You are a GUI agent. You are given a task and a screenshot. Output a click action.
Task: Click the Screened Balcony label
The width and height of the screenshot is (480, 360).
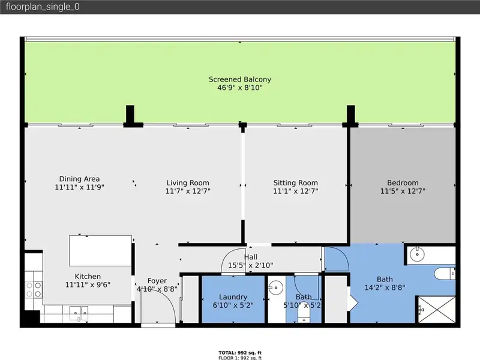tap(240, 79)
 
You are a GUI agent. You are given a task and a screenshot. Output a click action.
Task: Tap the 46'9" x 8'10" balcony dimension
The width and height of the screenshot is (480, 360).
tap(240, 88)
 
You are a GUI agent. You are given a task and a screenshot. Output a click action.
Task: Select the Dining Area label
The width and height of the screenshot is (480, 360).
tap(79, 179)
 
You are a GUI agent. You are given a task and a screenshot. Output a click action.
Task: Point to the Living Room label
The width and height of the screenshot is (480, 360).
tap(188, 183)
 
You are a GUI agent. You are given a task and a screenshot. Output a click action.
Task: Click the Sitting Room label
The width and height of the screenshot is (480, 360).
tap(296, 183)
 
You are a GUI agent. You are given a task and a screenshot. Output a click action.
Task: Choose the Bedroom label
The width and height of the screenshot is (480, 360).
tap(403, 183)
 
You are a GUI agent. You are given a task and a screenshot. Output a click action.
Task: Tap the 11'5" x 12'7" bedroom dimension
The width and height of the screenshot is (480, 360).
tap(403, 191)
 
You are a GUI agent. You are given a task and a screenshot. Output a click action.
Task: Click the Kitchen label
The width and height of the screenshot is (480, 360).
tap(88, 277)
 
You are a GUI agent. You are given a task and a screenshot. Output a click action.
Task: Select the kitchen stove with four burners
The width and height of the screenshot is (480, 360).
tap(34, 290)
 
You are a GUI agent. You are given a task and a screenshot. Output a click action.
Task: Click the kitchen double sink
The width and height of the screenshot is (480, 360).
tap(79, 313)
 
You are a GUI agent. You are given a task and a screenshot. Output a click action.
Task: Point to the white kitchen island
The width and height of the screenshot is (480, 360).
tap(100, 251)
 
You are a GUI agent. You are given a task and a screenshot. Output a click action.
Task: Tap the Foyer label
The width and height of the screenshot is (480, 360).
tap(157, 281)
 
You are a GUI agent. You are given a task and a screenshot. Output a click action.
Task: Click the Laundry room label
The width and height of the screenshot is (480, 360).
tap(233, 297)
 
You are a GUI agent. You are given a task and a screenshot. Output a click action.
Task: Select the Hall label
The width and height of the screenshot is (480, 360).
tap(251, 257)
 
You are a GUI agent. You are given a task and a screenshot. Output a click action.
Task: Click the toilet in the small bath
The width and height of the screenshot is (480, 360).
tap(304, 313)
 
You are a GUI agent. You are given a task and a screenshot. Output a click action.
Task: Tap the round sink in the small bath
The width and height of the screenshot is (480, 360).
tap(275, 288)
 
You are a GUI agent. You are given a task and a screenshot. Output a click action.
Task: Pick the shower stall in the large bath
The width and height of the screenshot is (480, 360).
tap(437, 309)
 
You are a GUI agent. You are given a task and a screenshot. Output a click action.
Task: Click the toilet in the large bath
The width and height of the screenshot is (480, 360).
tap(445, 274)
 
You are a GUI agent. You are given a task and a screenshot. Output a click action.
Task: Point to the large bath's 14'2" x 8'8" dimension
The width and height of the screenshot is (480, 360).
tap(385, 288)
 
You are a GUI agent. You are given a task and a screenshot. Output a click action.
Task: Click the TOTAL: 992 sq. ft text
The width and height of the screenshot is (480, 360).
tap(240, 353)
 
